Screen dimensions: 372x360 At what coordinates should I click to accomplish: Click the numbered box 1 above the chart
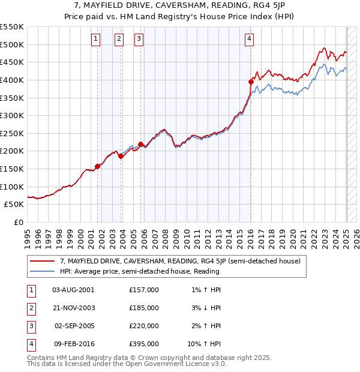point(96,39)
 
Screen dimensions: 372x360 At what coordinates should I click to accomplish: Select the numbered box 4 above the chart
point(249,39)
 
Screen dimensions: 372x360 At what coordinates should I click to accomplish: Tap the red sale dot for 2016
point(251,82)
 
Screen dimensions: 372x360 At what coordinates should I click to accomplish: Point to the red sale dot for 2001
point(98,166)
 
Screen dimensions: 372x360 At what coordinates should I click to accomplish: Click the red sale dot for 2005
point(140,144)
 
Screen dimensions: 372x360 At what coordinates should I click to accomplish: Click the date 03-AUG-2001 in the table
point(72,290)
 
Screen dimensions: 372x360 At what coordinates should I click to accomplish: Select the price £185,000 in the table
point(144,308)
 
